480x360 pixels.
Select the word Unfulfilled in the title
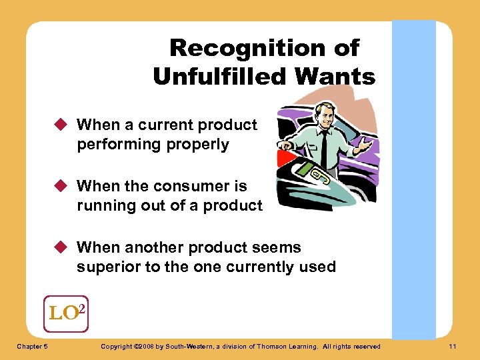[x=219, y=77]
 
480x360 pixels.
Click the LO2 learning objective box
[x=65, y=312]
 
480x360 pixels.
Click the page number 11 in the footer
[x=453, y=346]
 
